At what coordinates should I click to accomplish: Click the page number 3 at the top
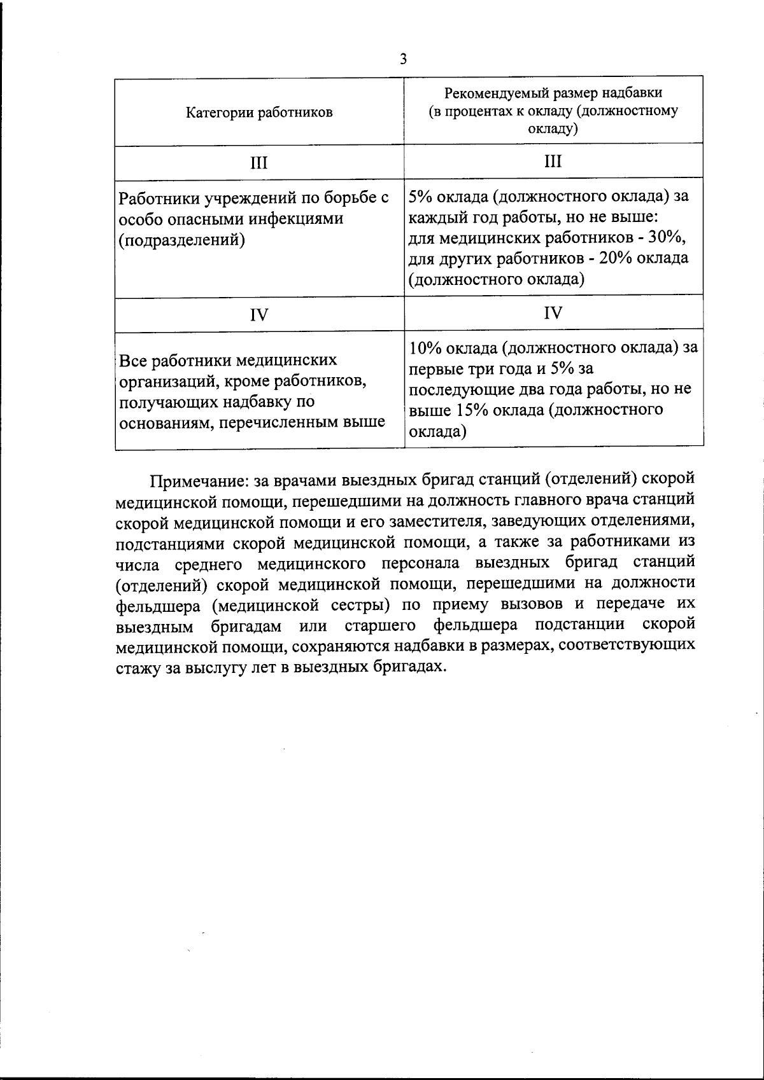(402, 60)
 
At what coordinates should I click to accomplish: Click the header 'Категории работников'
(259, 113)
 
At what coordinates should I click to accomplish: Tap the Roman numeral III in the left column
(258, 163)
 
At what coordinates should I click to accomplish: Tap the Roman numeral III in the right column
(553, 161)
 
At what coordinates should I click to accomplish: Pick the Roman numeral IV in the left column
(258, 315)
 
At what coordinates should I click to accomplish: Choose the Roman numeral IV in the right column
(553, 313)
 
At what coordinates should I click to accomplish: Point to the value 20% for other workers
(622, 258)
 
